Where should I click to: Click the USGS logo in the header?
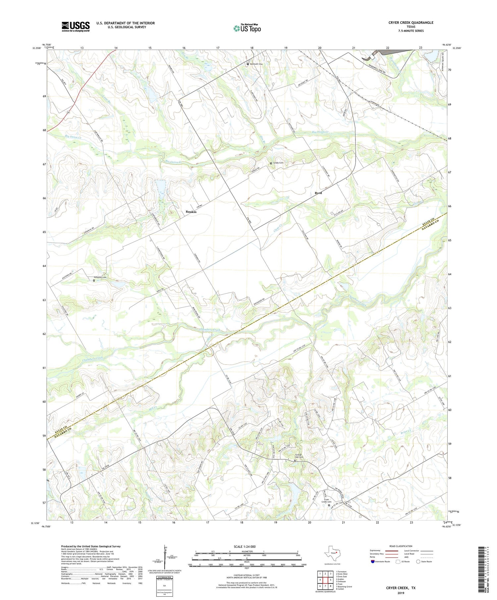(x=76, y=26)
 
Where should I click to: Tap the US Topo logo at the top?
(x=247, y=28)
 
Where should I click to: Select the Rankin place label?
(x=191, y=212)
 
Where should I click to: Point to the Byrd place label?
(x=318, y=193)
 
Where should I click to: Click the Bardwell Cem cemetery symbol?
(x=248, y=64)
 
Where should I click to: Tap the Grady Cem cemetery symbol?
(x=271, y=163)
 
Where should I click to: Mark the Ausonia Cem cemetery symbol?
(x=94, y=280)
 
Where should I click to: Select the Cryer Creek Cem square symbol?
(x=329, y=505)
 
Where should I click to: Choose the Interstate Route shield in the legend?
(x=373, y=562)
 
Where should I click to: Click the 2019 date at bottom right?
(x=402, y=592)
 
